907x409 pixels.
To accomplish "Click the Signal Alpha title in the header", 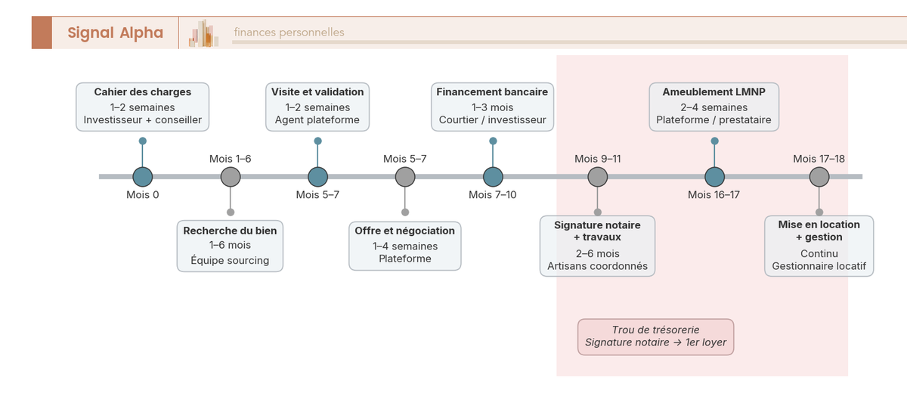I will pyautogui.click(x=115, y=33).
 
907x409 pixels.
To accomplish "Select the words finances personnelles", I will pyautogui.click(x=289, y=33).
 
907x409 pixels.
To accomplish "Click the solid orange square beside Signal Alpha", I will pyautogui.click(x=42, y=33).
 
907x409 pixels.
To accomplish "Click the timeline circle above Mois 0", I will pyautogui.click(x=143, y=177).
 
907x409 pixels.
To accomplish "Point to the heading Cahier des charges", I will pyautogui.click(x=142, y=92).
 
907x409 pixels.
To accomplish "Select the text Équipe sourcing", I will pyautogui.click(x=230, y=261).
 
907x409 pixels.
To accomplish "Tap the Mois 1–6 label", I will pyautogui.click(x=230, y=159).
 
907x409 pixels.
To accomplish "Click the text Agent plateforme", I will pyautogui.click(x=317, y=120).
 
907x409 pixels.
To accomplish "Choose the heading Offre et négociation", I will pyautogui.click(x=405, y=231).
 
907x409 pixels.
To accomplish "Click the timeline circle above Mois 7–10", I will pyautogui.click(x=493, y=177).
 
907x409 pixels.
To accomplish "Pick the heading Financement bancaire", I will pyautogui.click(x=493, y=92).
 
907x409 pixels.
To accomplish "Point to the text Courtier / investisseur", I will pyautogui.click(x=493, y=120).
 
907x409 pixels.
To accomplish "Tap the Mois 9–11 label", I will pyautogui.click(x=597, y=159).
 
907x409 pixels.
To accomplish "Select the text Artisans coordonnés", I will pyautogui.click(x=597, y=267).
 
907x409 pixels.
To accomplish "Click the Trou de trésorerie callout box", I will pyautogui.click(x=655, y=336).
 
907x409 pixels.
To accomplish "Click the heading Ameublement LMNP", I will pyautogui.click(x=714, y=92).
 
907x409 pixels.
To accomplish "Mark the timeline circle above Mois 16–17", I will pyautogui.click(x=714, y=177).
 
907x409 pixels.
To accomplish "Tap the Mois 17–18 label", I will pyautogui.click(x=819, y=159).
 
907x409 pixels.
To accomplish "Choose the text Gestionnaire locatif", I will pyautogui.click(x=819, y=267).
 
